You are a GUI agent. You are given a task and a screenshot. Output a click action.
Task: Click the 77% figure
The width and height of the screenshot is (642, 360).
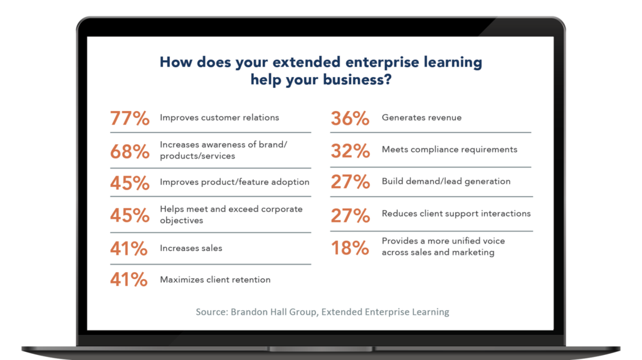click(130, 118)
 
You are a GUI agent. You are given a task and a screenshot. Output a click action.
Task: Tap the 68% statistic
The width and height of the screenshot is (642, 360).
click(130, 151)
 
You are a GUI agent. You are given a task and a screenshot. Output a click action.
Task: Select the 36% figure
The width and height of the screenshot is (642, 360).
click(350, 118)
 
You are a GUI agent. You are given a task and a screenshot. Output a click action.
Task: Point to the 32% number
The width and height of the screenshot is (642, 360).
click(350, 151)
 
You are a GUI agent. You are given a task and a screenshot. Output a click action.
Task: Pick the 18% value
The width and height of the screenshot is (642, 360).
click(350, 247)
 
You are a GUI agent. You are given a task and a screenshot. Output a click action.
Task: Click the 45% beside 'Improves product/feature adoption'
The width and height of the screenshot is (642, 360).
click(130, 183)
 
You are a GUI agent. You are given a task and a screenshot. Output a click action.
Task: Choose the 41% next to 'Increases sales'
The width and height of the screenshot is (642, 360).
click(130, 248)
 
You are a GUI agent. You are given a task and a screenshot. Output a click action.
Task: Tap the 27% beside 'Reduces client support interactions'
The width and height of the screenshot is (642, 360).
click(350, 215)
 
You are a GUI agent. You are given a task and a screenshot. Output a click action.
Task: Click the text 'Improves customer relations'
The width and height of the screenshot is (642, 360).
click(219, 117)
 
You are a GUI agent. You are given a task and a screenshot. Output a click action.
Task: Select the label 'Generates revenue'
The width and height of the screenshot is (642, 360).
click(421, 117)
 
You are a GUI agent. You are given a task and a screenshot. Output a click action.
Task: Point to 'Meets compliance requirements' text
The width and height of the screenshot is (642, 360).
click(449, 149)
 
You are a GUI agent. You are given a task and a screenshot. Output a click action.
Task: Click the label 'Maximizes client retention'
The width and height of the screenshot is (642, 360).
click(215, 280)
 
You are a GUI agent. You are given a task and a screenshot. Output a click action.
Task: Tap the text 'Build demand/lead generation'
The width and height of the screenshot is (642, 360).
click(446, 181)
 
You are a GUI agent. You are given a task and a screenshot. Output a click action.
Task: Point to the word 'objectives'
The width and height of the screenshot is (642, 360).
click(181, 221)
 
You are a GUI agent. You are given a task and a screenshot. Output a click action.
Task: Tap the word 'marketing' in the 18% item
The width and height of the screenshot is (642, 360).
click(472, 252)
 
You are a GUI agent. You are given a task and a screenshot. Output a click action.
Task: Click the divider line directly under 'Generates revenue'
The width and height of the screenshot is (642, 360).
click(431, 132)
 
